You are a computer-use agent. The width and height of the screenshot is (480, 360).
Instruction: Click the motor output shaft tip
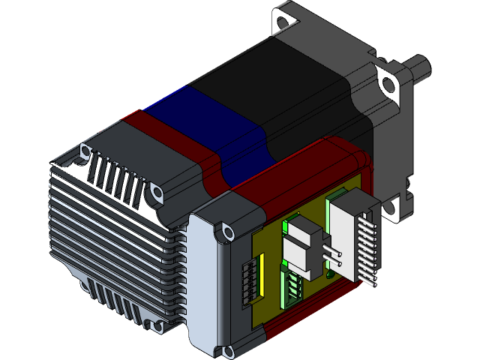pyautogui.click(x=425, y=66)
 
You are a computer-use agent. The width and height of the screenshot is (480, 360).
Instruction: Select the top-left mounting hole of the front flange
pyautogui.click(x=283, y=16)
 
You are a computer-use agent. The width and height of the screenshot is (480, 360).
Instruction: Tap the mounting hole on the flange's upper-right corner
pyautogui.click(x=387, y=83)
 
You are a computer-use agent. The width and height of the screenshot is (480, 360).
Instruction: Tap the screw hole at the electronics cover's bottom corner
pyautogui.click(x=226, y=350)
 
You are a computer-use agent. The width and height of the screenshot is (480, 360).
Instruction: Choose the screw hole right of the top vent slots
pyautogui.click(x=157, y=193)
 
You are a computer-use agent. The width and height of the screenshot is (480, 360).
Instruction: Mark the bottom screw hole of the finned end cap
pyautogui.click(x=157, y=327)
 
